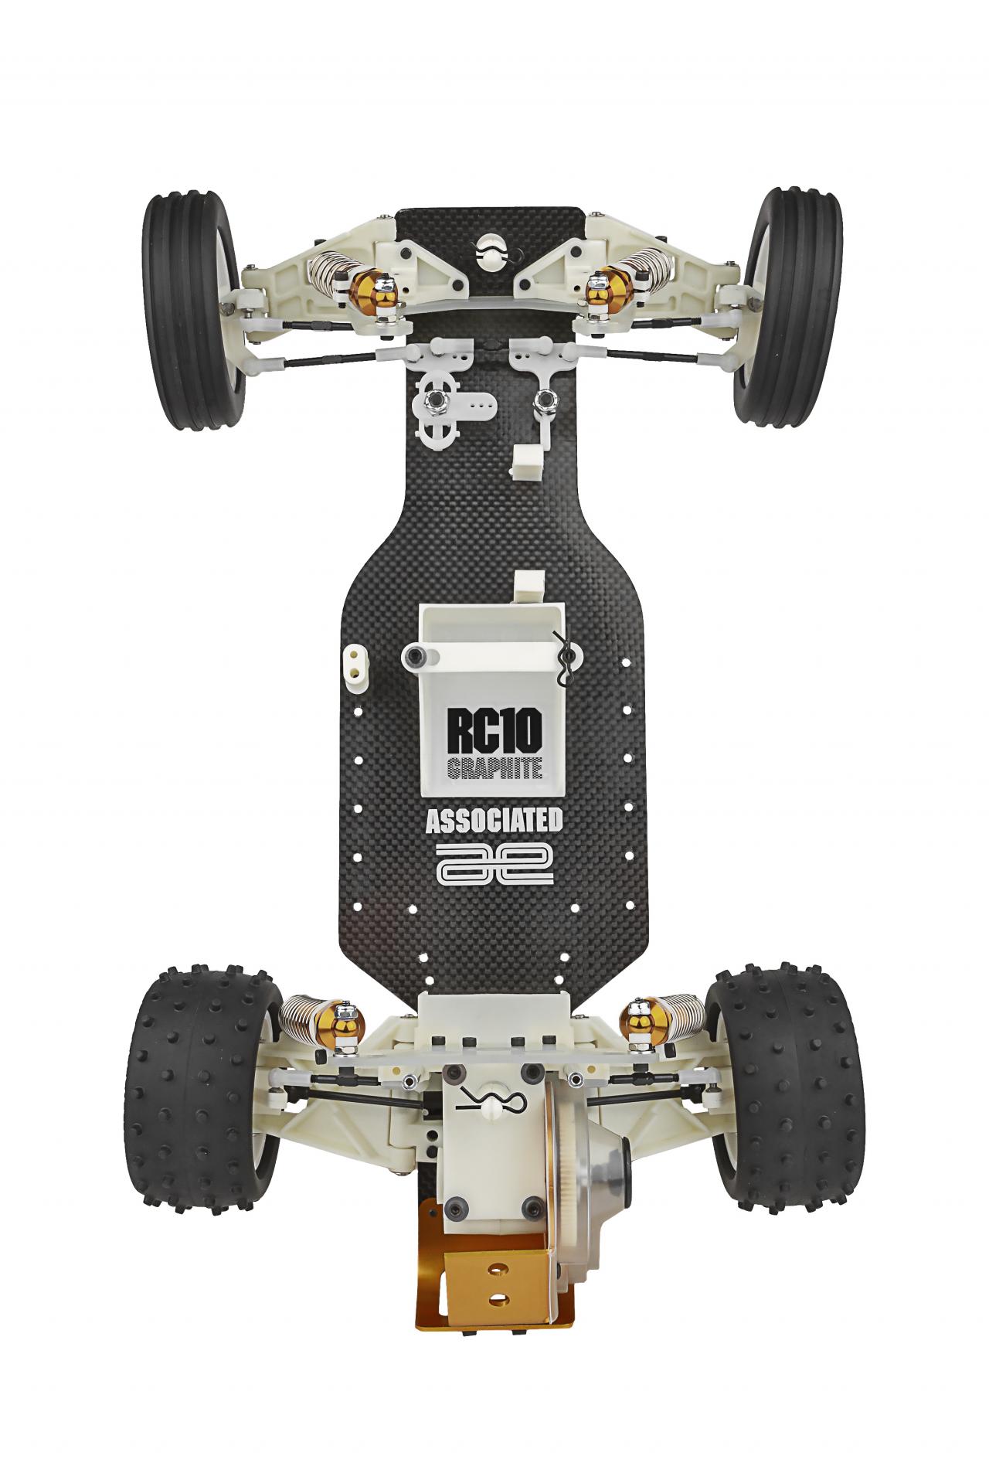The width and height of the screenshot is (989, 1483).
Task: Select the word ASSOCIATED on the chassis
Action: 494,821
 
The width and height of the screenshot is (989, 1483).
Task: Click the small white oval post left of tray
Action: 355,662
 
